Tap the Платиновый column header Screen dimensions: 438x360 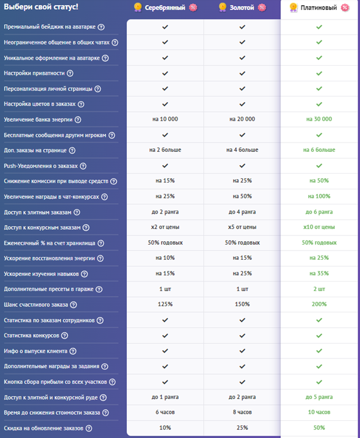(318, 8)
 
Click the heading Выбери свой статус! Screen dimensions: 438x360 (41, 8)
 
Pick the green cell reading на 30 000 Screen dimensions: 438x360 (319, 119)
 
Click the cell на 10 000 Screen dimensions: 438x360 (165, 119)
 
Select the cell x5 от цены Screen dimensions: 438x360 (242, 227)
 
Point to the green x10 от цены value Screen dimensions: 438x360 (319, 227)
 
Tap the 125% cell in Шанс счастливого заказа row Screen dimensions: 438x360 (165, 304)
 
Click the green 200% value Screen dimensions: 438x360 (319, 304)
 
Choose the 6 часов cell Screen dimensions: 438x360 (165, 412)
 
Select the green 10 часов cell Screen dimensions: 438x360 (319, 412)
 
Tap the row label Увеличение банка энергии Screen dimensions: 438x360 (37, 119)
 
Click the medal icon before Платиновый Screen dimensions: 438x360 (293, 8)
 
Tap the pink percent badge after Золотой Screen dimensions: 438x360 (262, 8)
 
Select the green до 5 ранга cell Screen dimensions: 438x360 (319, 397)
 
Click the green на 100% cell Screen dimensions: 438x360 (319, 197)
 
